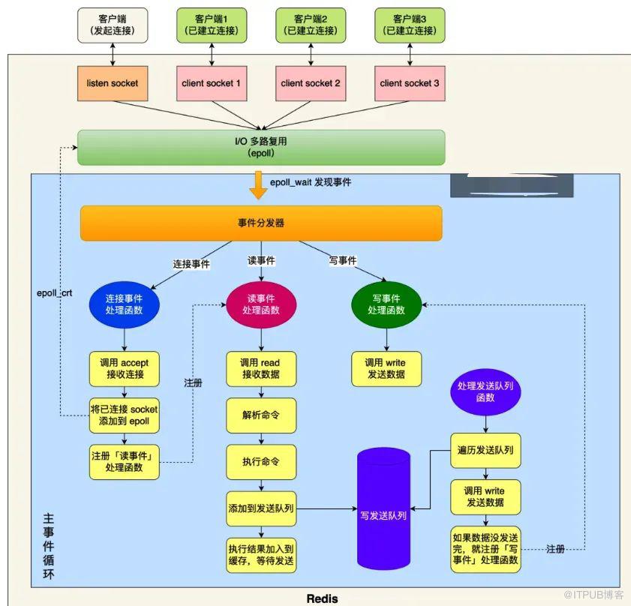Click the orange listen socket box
113,83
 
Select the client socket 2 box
311,83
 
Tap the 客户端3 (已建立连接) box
410,25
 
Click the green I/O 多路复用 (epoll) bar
261,147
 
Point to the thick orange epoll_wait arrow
258,185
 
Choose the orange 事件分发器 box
261,223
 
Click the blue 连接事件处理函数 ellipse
125,304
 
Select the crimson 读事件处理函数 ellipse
261,304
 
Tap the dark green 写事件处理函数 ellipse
386,304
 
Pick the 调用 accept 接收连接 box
125,369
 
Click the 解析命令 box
261,415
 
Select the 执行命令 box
261,462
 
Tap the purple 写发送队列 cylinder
384,508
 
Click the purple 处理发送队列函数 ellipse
485,392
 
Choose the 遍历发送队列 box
485,450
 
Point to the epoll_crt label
54,293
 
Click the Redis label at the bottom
323,598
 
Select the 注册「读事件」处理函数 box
125,462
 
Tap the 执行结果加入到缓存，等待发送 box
261,555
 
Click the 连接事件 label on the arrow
191,264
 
